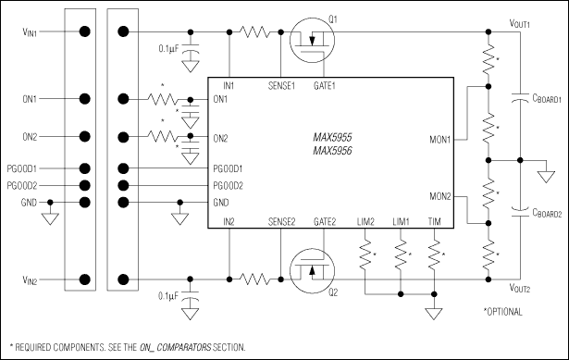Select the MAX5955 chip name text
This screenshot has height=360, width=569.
tap(332, 136)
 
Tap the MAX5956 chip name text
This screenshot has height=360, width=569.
tap(332, 149)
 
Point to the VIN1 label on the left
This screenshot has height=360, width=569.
tap(25, 31)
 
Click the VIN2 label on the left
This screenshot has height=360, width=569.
tap(25, 279)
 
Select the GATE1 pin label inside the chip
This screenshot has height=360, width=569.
tap(328, 85)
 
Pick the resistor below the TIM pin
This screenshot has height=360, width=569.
tap(434, 254)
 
